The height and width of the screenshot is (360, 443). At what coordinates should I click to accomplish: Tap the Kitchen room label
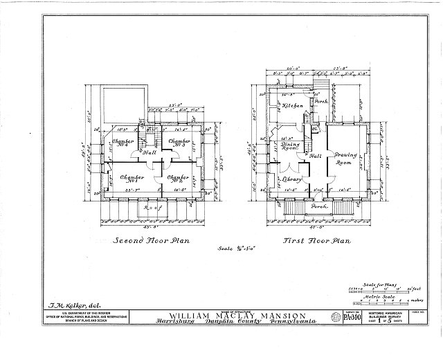pos(291,106)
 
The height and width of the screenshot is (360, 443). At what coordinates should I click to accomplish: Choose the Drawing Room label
pos(346,159)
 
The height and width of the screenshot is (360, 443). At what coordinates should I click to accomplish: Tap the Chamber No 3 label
pos(181,143)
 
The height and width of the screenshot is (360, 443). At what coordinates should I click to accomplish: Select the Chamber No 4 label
pos(123,144)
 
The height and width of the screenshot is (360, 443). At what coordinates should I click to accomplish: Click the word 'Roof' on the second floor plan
pos(152,208)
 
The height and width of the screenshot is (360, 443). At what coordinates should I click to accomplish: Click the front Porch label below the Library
pos(319,207)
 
